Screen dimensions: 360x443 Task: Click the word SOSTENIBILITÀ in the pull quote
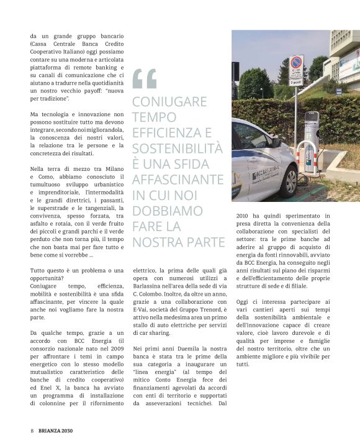point(178,148)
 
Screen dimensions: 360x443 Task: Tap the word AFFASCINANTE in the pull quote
point(178,180)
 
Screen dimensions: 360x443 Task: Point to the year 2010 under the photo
point(245,216)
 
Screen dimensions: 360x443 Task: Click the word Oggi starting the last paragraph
point(244,301)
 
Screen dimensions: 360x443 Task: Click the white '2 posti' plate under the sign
point(297,83)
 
